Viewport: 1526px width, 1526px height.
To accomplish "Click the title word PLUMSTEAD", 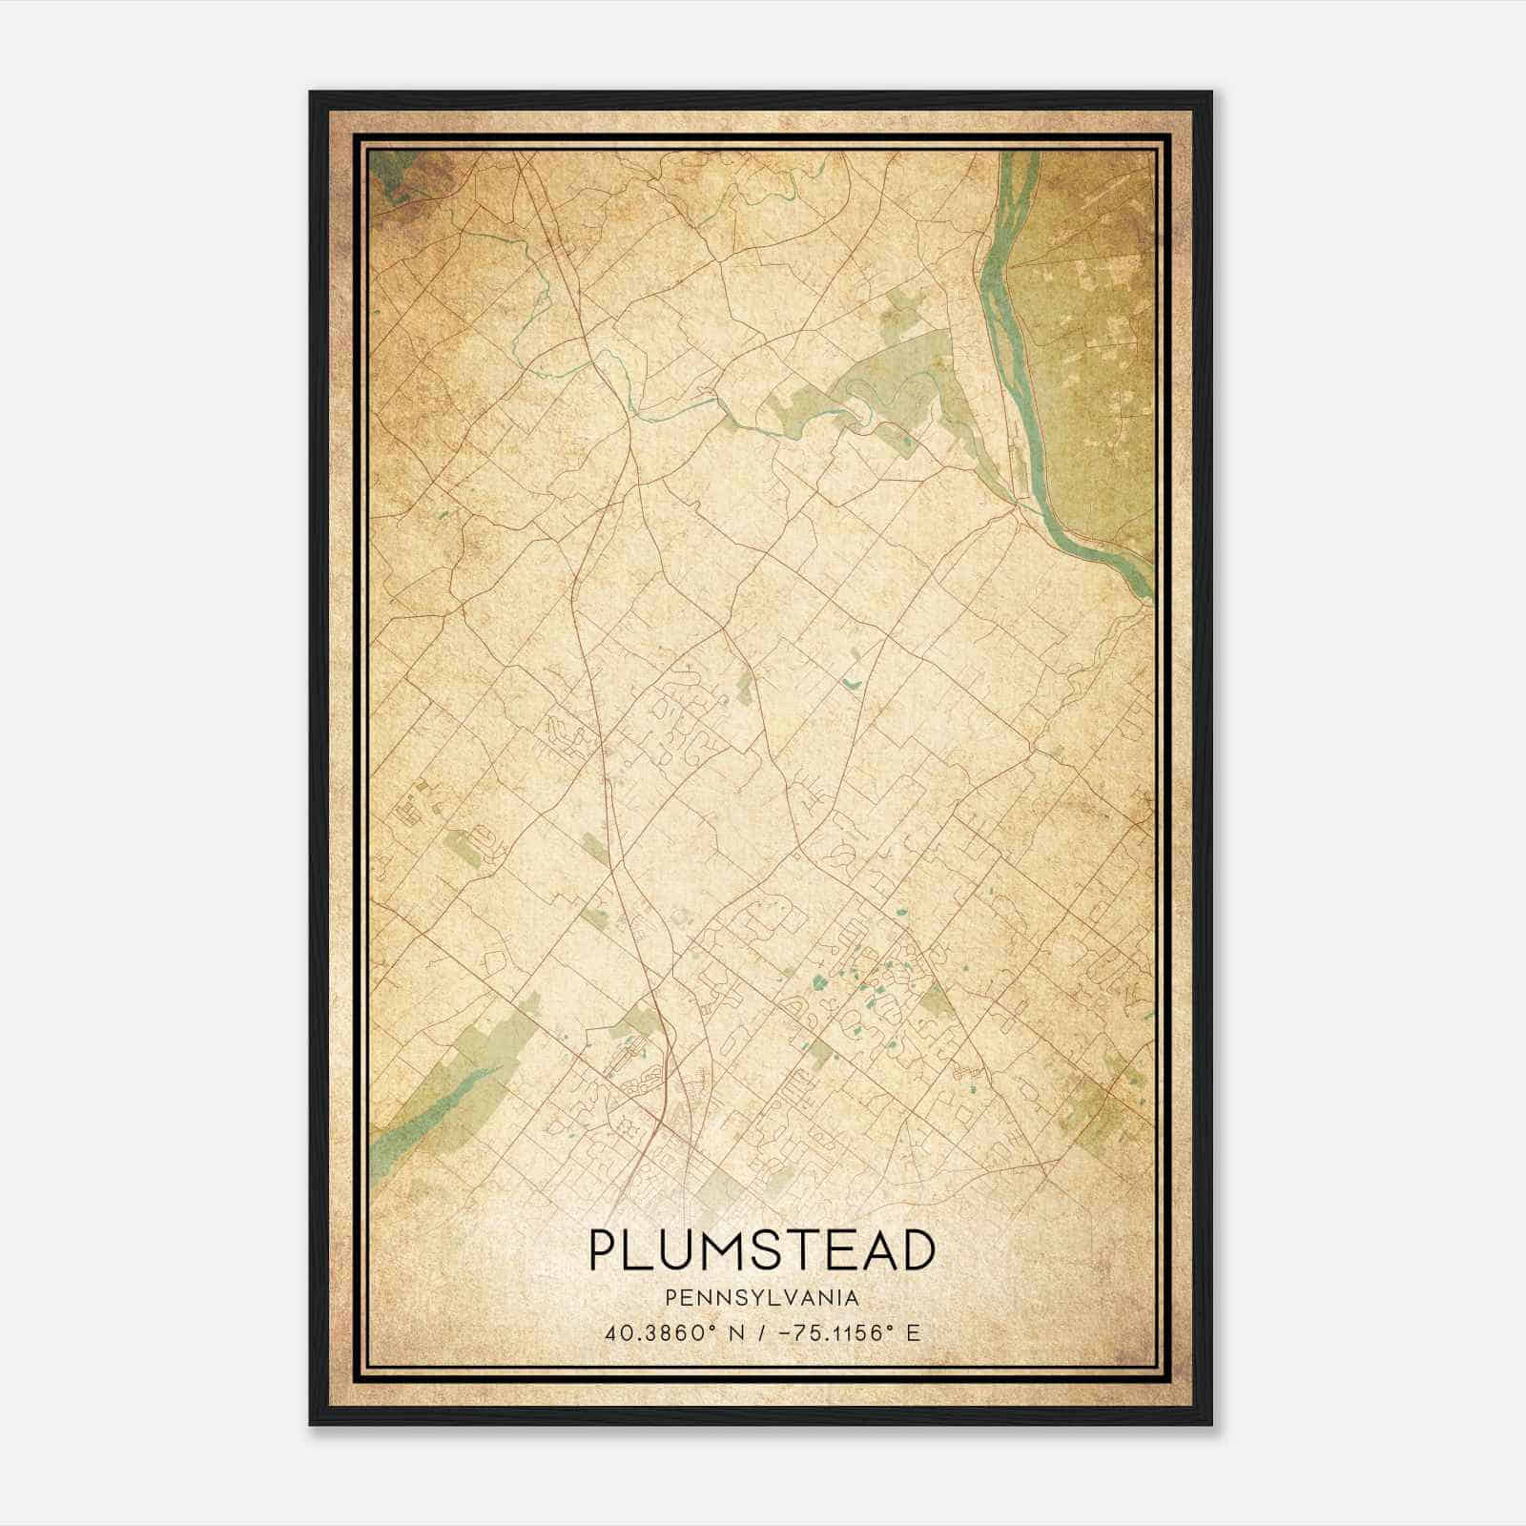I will point(761,1250).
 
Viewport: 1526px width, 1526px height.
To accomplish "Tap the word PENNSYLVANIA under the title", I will point(761,1298).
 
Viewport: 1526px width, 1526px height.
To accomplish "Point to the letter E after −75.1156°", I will point(914,1333).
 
